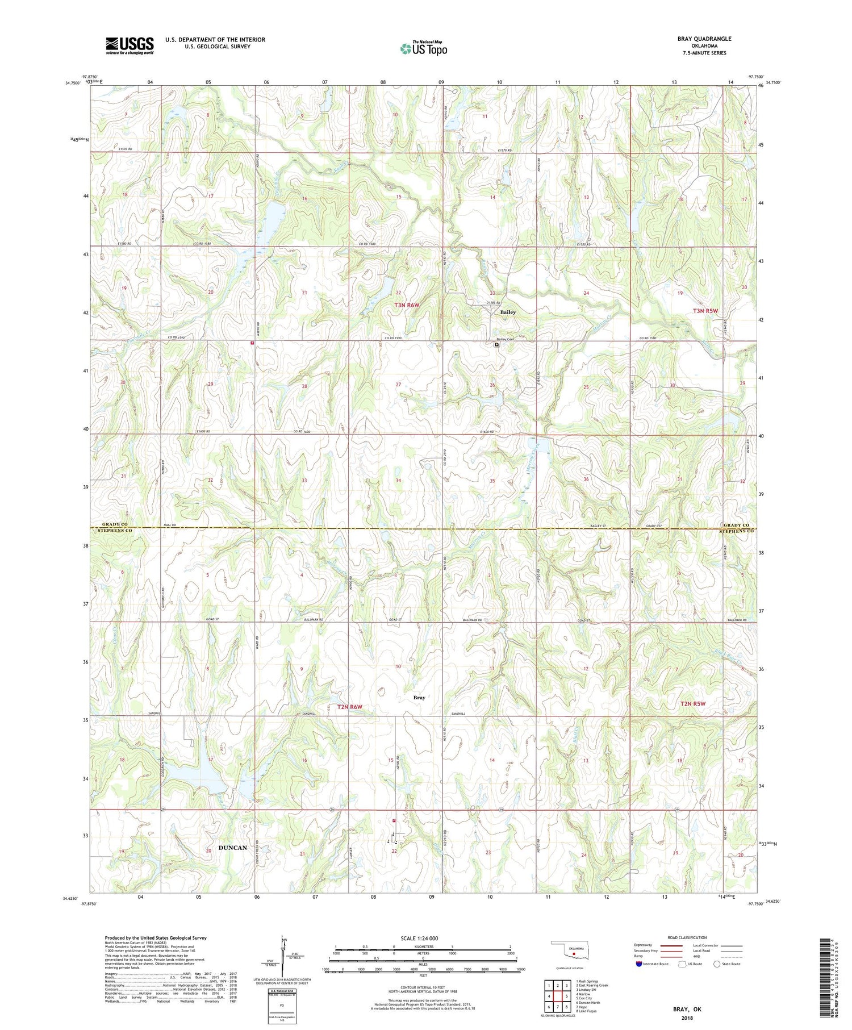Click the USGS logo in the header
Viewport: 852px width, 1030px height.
[130, 45]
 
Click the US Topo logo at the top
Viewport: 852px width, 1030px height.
[423, 49]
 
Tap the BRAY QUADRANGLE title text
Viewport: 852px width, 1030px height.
[704, 39]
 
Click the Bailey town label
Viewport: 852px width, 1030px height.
[508, 312]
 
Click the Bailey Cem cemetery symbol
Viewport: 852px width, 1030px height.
[496, 344]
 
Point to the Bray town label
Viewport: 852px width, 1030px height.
[419, 697]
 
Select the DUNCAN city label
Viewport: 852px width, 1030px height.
[233, 848]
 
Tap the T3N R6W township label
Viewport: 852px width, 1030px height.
[407, 305]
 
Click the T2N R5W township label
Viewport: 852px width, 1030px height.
[692, 704]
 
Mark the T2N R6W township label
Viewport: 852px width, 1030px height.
[349, 707]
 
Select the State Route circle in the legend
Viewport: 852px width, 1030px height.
[717, 964]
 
